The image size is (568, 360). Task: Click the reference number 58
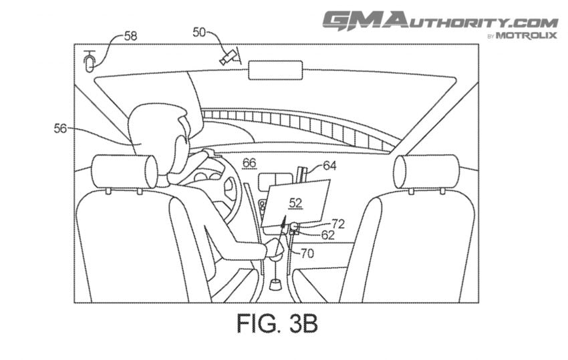pyautogui.click(x=131, y=36)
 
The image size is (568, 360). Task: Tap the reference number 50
pyautogui.click(x=199, y=32)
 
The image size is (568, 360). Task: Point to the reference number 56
pyautogui.click(x=61, y=128)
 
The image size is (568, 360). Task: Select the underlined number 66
pyautogui.click(x=249, y=163)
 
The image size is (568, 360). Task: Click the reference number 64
pyautogui.click(x=329, y=166)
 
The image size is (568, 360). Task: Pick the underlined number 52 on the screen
pyautogui.click(x=295, y=203)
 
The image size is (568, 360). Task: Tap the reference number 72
pyautogui.click(x=338, y=224)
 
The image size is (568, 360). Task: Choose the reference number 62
pyautogui.click(x=328, y=235)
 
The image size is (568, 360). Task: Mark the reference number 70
pyautogui.click(x=307, y=254)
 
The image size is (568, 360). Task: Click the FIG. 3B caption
pyautogui.click(x=277, y=323)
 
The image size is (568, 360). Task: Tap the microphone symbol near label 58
pyautogui.click(x=89, y=61)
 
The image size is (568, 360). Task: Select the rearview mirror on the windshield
pyautogui.click(x=275, y=70)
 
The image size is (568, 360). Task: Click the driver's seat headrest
pyautogui.click(x=124, y=172)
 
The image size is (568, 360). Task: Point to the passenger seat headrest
pyautogui.click(x=426, y=171)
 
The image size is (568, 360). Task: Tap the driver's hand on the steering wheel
pyautogui.click(x=211, y=153)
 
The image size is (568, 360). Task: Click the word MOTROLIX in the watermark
pyautogui.click(x=526, y=35)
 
